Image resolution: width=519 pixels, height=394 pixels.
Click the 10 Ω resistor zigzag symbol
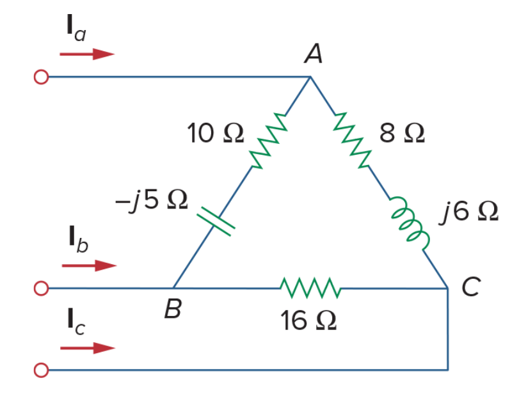point(268,141)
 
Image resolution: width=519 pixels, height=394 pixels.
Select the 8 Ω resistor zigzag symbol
point(352,140)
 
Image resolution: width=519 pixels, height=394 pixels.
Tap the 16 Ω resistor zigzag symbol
point(310,288)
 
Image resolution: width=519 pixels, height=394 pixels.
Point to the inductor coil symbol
point(410,223)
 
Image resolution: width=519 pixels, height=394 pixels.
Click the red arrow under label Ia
point(87,54)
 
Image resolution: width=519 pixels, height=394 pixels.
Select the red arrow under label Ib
point(90,265)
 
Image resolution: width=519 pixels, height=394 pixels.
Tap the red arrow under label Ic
point(88,348)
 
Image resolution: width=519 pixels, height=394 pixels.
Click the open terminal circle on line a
point(42,77)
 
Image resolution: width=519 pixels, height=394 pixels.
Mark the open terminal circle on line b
point(42,288)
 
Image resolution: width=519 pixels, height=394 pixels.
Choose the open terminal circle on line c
point(42,370)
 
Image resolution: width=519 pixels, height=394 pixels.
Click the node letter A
point(313,53)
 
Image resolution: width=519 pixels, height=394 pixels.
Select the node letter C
point(471,287)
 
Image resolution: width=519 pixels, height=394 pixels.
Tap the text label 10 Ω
point(216,133)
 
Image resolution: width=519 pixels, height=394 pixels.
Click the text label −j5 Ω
point(152,200)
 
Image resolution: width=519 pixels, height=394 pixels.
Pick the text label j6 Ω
point(468,212)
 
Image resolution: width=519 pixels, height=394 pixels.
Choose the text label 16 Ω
point(308,320)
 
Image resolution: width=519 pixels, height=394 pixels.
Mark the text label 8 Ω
point(402,133)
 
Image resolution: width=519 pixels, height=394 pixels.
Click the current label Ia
point(76,28)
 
